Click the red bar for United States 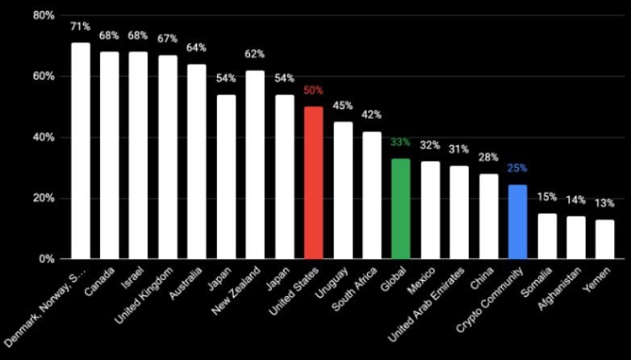point(314,182)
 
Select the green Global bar point(400,208)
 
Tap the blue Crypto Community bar point(517,220)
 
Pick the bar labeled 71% point(81,150)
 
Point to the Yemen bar point(604,239)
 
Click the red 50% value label point(313,90)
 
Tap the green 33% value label point(400,142)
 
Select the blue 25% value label point(517,169)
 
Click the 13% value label point(604,203)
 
